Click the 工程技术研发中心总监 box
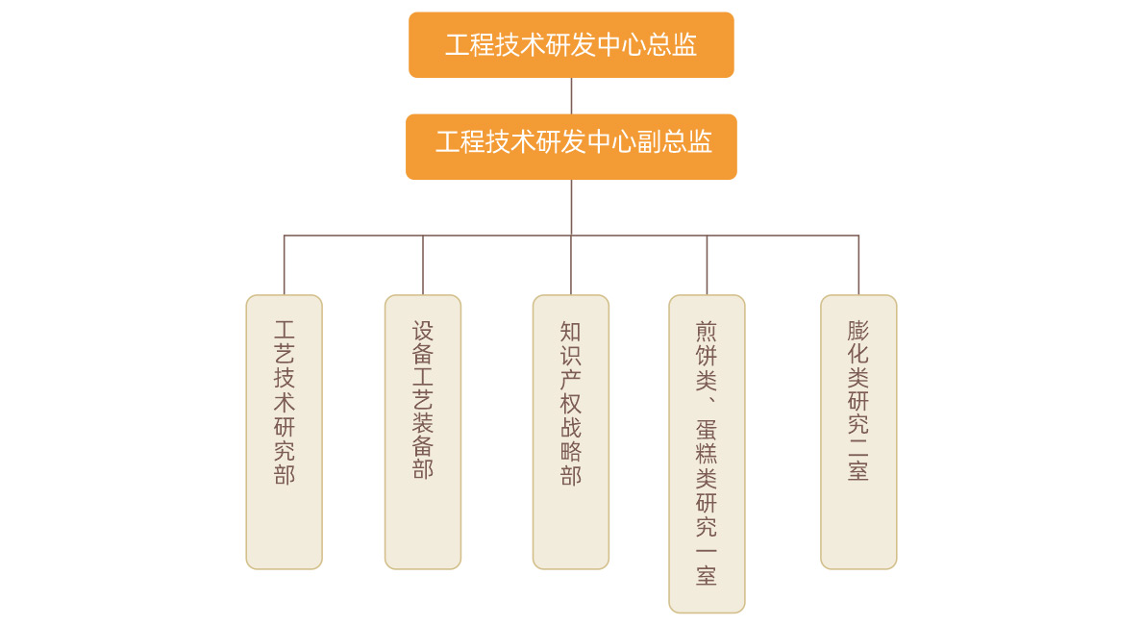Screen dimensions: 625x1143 [571, 45]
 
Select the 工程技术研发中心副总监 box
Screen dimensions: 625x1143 [571, 147]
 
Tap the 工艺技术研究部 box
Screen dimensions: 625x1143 [284, 432]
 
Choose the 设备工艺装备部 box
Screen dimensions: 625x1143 [423, 432]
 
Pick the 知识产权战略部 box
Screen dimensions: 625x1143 [571, 432]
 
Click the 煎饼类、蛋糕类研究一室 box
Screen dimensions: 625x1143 [707, 453]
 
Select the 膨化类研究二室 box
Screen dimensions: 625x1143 [858, 432]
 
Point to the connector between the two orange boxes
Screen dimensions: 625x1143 [571, 96]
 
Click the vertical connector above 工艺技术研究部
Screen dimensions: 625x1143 [284, 265]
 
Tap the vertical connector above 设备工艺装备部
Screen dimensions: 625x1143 [423, 265]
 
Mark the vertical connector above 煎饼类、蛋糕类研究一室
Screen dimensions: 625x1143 [707, 265]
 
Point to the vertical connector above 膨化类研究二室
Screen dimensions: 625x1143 [858, 265]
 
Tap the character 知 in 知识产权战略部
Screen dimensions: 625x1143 [571, 332]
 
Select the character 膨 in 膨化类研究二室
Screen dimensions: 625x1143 [858, 331]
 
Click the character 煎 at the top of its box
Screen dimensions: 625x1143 [707, 332]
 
